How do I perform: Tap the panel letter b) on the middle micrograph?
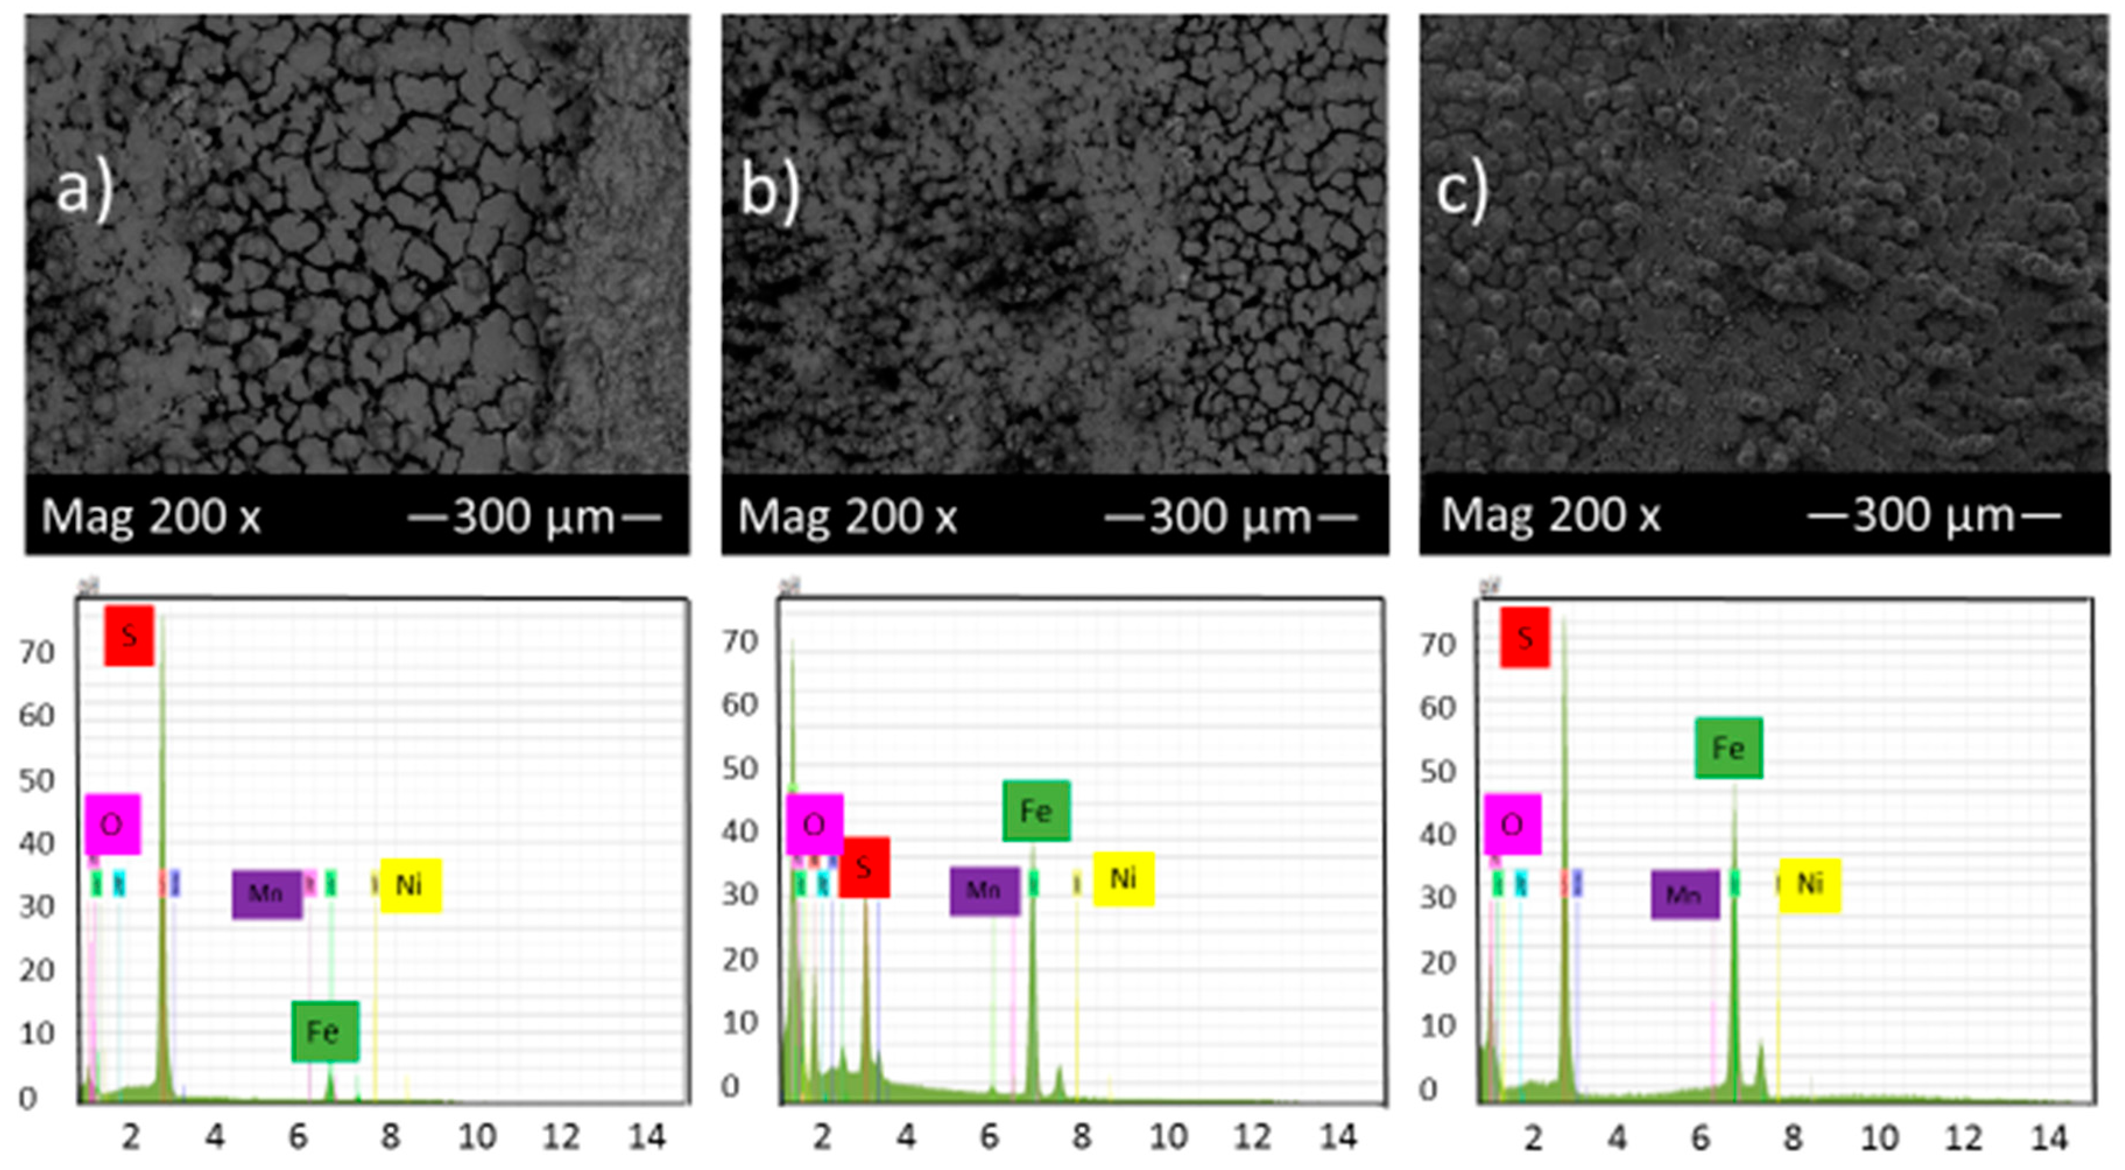tap(769, 192)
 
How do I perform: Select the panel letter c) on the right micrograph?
tap(1462, 192)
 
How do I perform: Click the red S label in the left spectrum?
tap(129, 635)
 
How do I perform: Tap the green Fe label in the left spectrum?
tap(324, 1031)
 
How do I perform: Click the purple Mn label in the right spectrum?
tap(1685, 894)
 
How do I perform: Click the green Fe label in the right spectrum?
tap(1728, 748)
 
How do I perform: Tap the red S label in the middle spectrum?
tap(864, 867)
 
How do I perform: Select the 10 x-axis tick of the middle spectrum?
tap(1168, 1137)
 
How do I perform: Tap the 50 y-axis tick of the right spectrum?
tap(1437, 771)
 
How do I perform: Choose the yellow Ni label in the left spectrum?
tap(410, 885)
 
